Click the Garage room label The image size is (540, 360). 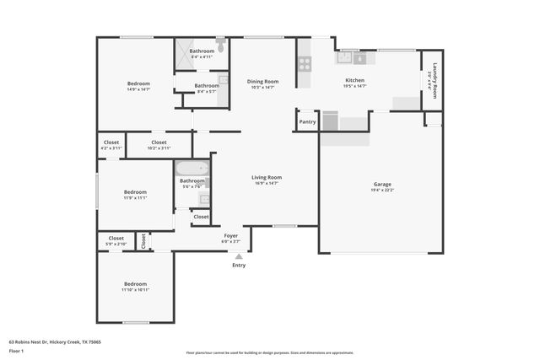coord(382,184)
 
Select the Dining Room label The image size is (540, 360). coord(262,82)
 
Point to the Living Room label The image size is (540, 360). coord(267,177)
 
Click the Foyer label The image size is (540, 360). coord(230,236)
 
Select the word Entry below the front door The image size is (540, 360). coord(239,266)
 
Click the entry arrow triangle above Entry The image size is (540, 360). coord(239,256)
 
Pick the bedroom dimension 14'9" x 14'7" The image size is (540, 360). coord(138,89)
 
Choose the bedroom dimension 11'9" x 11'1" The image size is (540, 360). coord(135,198)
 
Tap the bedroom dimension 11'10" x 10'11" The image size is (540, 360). coord(135,289)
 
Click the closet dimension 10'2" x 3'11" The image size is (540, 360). coord(159,148)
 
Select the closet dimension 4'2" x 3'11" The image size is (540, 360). coord(111,148)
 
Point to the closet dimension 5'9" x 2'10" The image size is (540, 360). coord(115,244)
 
